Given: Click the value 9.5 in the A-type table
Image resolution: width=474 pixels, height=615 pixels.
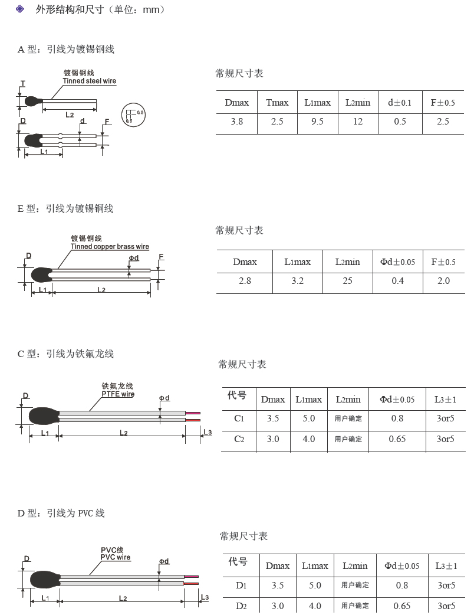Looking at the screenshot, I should coord(317,122).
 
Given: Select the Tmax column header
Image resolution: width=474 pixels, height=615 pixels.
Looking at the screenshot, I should coord(277,103).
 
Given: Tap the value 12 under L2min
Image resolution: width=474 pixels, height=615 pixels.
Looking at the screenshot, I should coord(358,122).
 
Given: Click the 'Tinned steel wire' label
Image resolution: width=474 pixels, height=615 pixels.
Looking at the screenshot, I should coord(90,81).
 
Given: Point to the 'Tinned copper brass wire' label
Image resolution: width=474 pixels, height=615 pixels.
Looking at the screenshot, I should coord(110,247).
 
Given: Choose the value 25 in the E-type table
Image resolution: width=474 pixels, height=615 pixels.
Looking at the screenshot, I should coord(348,281).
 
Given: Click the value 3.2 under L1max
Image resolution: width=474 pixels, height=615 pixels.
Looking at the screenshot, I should coord(298,281).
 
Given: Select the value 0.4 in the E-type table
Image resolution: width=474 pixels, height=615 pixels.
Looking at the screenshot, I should coord(398,281).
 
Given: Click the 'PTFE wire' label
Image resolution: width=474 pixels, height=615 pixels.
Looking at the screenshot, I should coord(118,394).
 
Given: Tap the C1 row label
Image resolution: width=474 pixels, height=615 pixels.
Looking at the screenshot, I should coord(239,418).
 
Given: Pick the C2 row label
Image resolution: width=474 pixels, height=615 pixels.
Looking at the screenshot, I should coord(239,439).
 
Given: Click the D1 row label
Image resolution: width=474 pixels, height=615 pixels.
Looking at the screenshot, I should coord(241,585).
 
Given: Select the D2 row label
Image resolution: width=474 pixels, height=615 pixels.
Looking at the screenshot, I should coord(241,606).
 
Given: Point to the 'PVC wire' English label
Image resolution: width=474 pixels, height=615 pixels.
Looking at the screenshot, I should coord(116,557).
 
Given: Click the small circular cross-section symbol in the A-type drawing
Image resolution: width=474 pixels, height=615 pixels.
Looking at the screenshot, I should coord(133,114).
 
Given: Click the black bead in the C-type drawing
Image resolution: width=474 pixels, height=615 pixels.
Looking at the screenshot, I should coord(42,416).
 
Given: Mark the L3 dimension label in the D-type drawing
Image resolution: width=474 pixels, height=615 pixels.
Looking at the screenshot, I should coord(205,597).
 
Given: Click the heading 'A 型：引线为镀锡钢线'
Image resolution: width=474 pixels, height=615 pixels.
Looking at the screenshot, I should coord(65,50).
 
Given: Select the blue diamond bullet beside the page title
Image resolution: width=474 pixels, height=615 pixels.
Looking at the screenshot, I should coord(21,9).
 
